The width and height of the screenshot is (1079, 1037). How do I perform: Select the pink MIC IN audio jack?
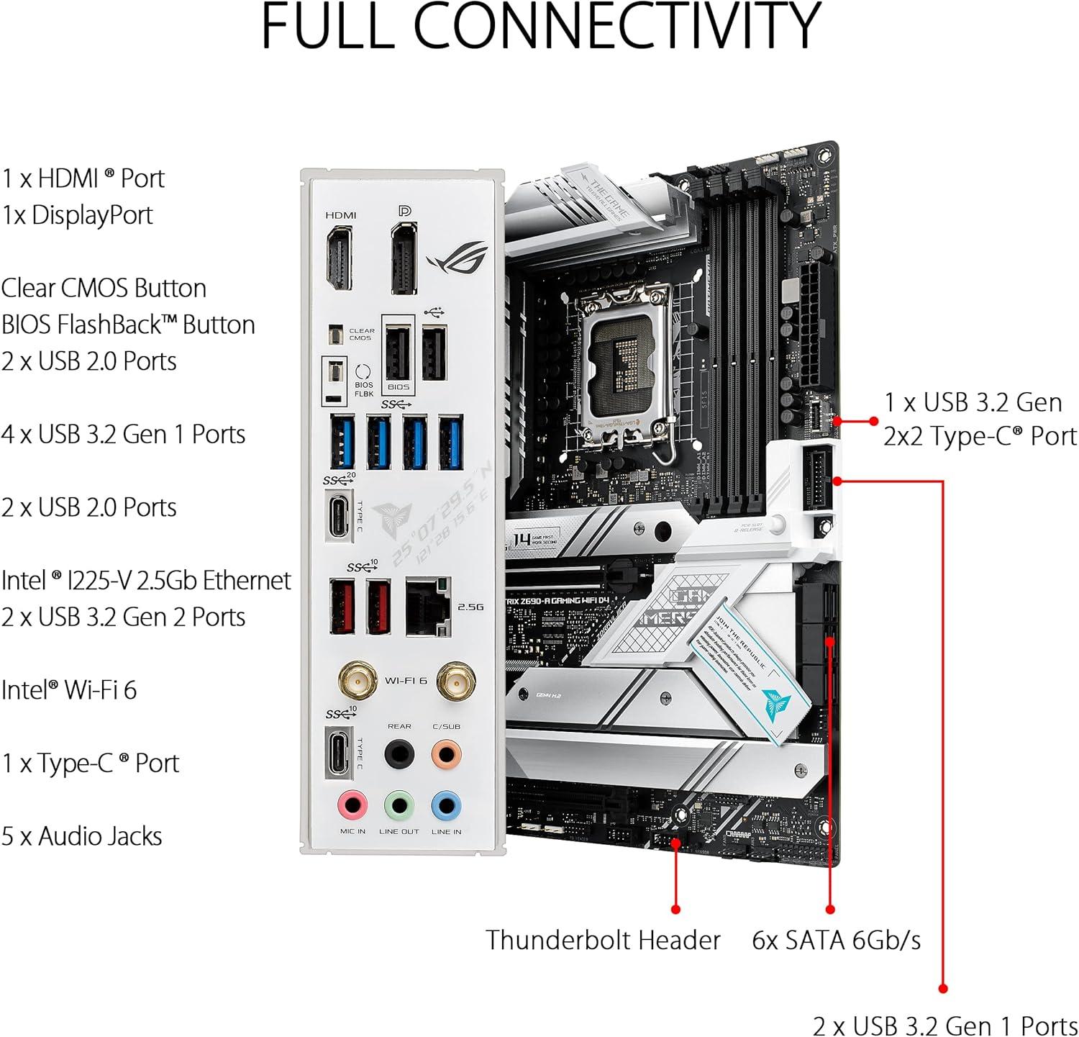click(x=352, y=805)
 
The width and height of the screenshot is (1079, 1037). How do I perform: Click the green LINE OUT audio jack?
click(x=399, y=805)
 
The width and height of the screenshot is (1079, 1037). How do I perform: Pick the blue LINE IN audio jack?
click(x=446, y=805)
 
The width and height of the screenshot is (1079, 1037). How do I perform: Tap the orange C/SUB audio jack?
click(x=446, y=754)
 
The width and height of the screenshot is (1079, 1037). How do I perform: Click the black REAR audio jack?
click(x=399, y=754)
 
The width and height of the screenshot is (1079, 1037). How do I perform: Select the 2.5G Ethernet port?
click(x=428, y=607)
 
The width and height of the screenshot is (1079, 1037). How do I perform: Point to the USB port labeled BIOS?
click(x=398, y=353)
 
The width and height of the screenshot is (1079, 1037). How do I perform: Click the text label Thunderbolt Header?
click(x=603, y=940)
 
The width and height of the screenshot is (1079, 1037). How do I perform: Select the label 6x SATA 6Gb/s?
click(x=836, y=940)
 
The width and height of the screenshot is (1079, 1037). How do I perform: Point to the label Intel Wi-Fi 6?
click(x=69, y=689)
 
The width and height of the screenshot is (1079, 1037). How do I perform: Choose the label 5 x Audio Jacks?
click(x=81, y=836)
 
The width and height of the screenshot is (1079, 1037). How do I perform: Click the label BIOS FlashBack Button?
click(x=128, y=325)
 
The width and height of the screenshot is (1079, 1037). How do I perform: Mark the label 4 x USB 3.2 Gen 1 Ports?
click(x=123, y=434)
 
